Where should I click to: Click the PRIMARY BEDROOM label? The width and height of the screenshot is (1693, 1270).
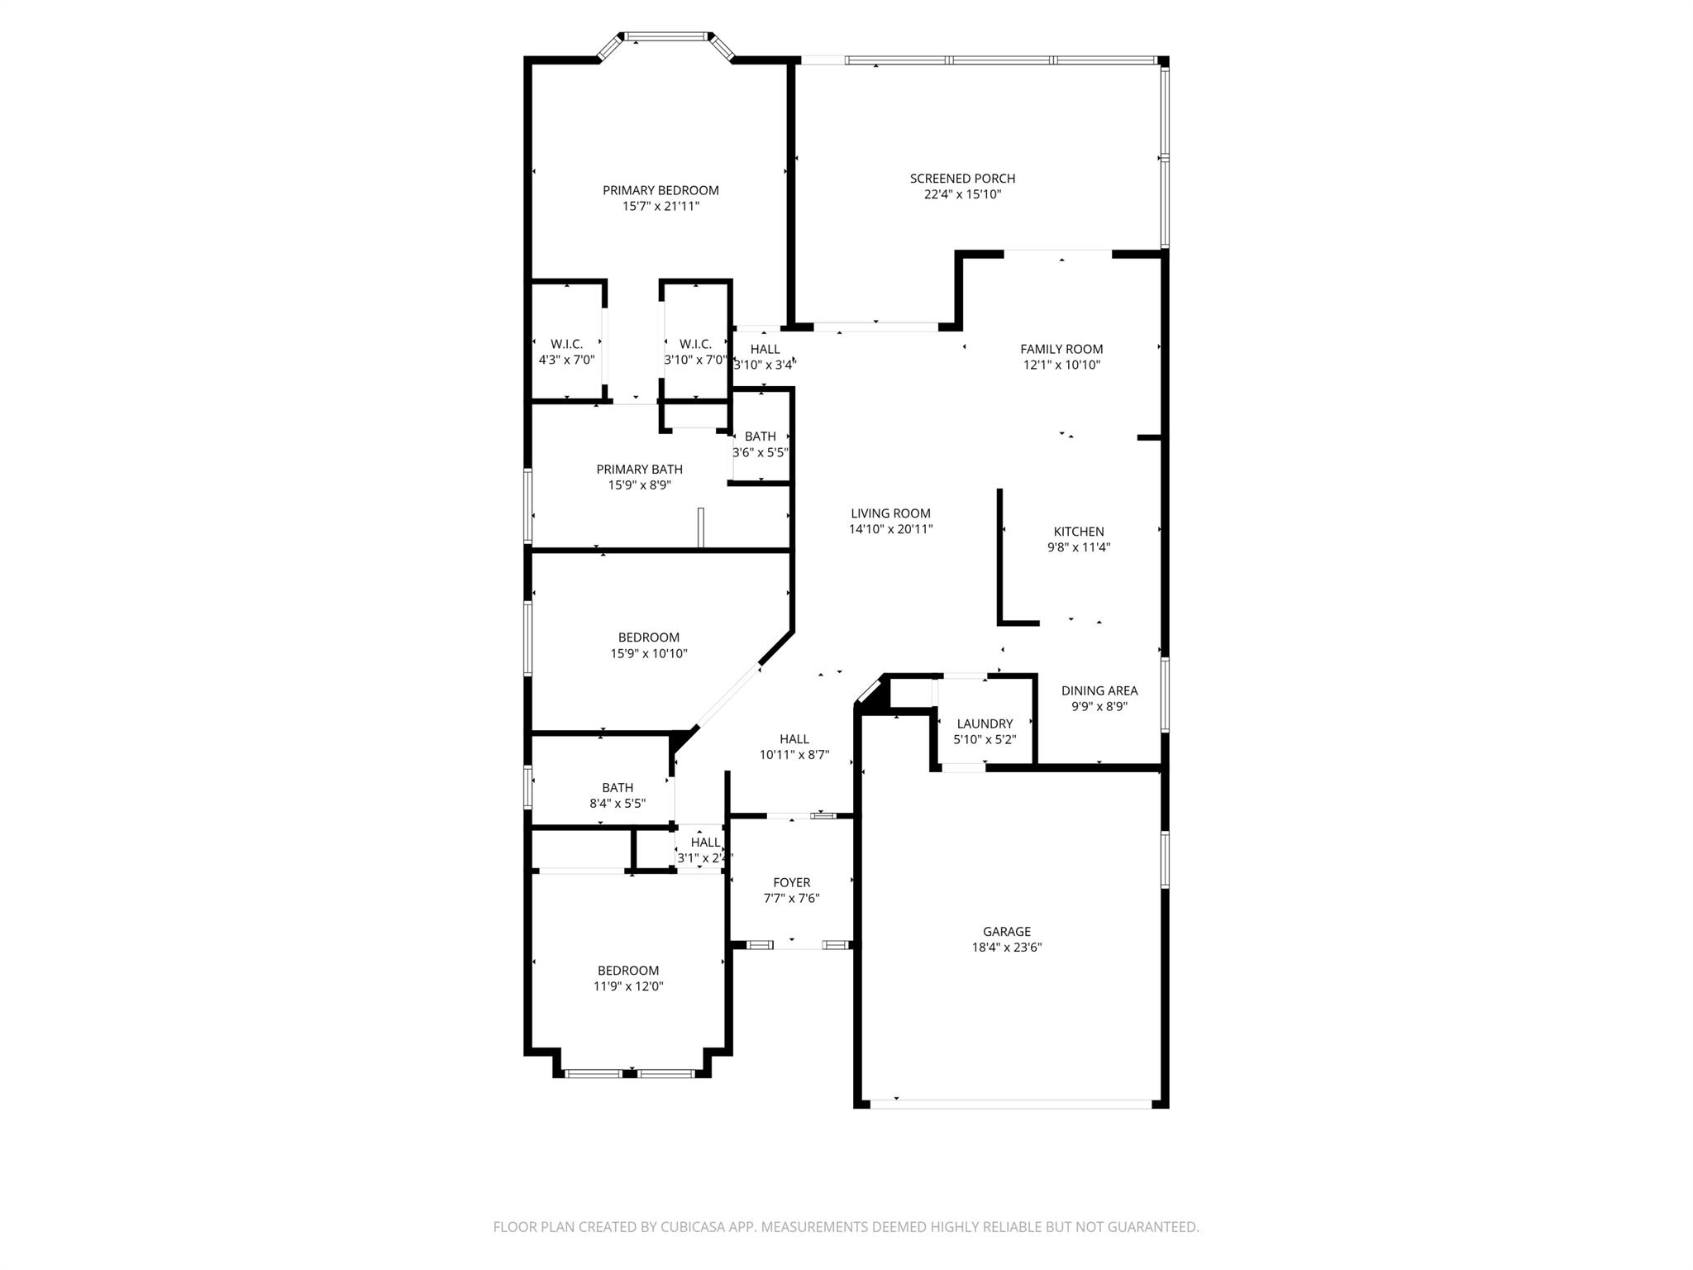661,190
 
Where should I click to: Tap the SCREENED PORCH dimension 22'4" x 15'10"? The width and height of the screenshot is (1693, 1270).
962,194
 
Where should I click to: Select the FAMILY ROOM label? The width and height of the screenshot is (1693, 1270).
1061,349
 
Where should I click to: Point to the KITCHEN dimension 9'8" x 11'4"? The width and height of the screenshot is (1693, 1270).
1078,547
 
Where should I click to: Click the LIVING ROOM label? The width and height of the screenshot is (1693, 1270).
890,513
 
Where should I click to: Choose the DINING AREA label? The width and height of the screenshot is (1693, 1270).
1099,690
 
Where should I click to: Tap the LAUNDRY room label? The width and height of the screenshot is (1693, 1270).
984,723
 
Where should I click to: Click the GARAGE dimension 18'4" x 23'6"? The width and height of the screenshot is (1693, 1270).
1006,948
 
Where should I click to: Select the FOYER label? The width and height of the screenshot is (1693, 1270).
791,882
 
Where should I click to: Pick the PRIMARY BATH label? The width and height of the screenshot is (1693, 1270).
639,470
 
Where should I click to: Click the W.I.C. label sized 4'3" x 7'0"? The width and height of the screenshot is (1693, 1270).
566,344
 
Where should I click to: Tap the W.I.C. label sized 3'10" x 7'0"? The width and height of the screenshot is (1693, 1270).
695,344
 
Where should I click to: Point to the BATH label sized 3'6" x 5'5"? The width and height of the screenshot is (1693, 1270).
760,437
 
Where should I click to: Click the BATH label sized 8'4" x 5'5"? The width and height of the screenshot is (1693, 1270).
618,788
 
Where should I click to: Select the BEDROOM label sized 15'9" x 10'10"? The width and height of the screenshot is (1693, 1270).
648,637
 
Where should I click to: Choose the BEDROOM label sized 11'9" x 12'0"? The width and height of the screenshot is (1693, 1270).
628,971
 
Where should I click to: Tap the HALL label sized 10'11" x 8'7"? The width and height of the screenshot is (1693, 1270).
794,739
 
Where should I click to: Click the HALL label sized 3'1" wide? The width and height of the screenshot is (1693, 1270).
705,843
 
